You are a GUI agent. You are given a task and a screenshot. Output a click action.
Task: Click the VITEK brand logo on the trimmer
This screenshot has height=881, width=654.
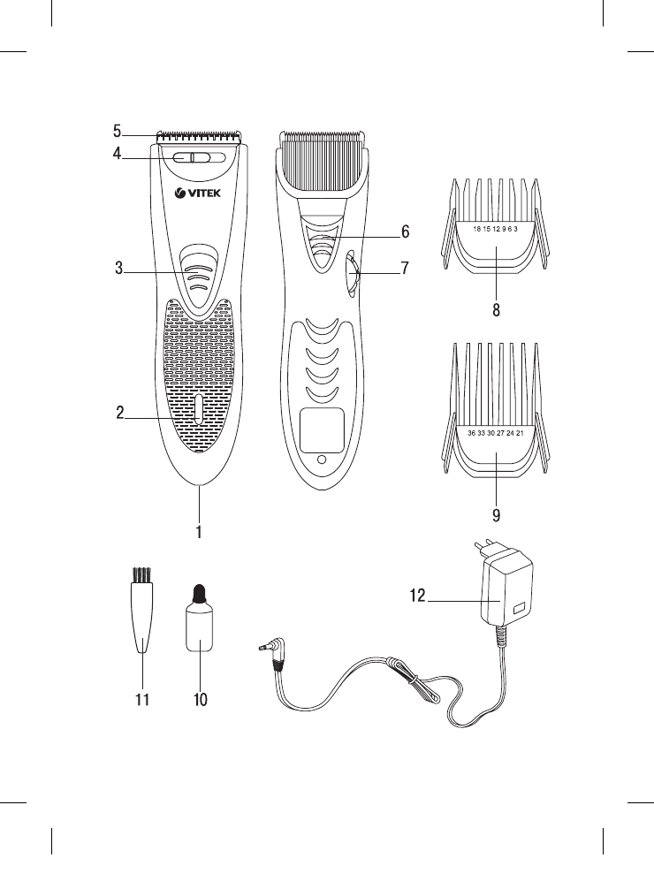(200, 195)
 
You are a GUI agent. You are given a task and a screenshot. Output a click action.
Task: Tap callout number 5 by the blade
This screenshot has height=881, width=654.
(117, 132)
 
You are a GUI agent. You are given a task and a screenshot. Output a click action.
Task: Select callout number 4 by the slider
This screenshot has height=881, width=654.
(117, 154)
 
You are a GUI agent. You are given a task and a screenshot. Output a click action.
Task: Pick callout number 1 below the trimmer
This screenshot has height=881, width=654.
(200, 533)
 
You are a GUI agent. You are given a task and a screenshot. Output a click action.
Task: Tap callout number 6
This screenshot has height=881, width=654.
(405, 232)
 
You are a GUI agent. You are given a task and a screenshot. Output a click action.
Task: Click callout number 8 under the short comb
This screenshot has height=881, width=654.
(497, 310)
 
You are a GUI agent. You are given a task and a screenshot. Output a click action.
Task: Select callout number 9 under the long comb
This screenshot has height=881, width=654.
(497, 513)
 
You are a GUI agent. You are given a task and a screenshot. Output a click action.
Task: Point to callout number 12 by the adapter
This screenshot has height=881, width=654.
(417, 596)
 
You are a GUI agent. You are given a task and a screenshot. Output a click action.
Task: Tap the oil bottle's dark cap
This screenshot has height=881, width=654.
(200, 594)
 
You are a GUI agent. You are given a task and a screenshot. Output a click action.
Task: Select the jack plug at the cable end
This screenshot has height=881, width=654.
(265, 649)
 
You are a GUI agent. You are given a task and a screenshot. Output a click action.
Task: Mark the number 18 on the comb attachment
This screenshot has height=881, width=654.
(477, 229)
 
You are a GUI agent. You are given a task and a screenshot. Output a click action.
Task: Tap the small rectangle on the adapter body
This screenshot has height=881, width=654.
(517, 609)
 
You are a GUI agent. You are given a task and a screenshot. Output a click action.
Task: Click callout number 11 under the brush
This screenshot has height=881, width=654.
(141, 700)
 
